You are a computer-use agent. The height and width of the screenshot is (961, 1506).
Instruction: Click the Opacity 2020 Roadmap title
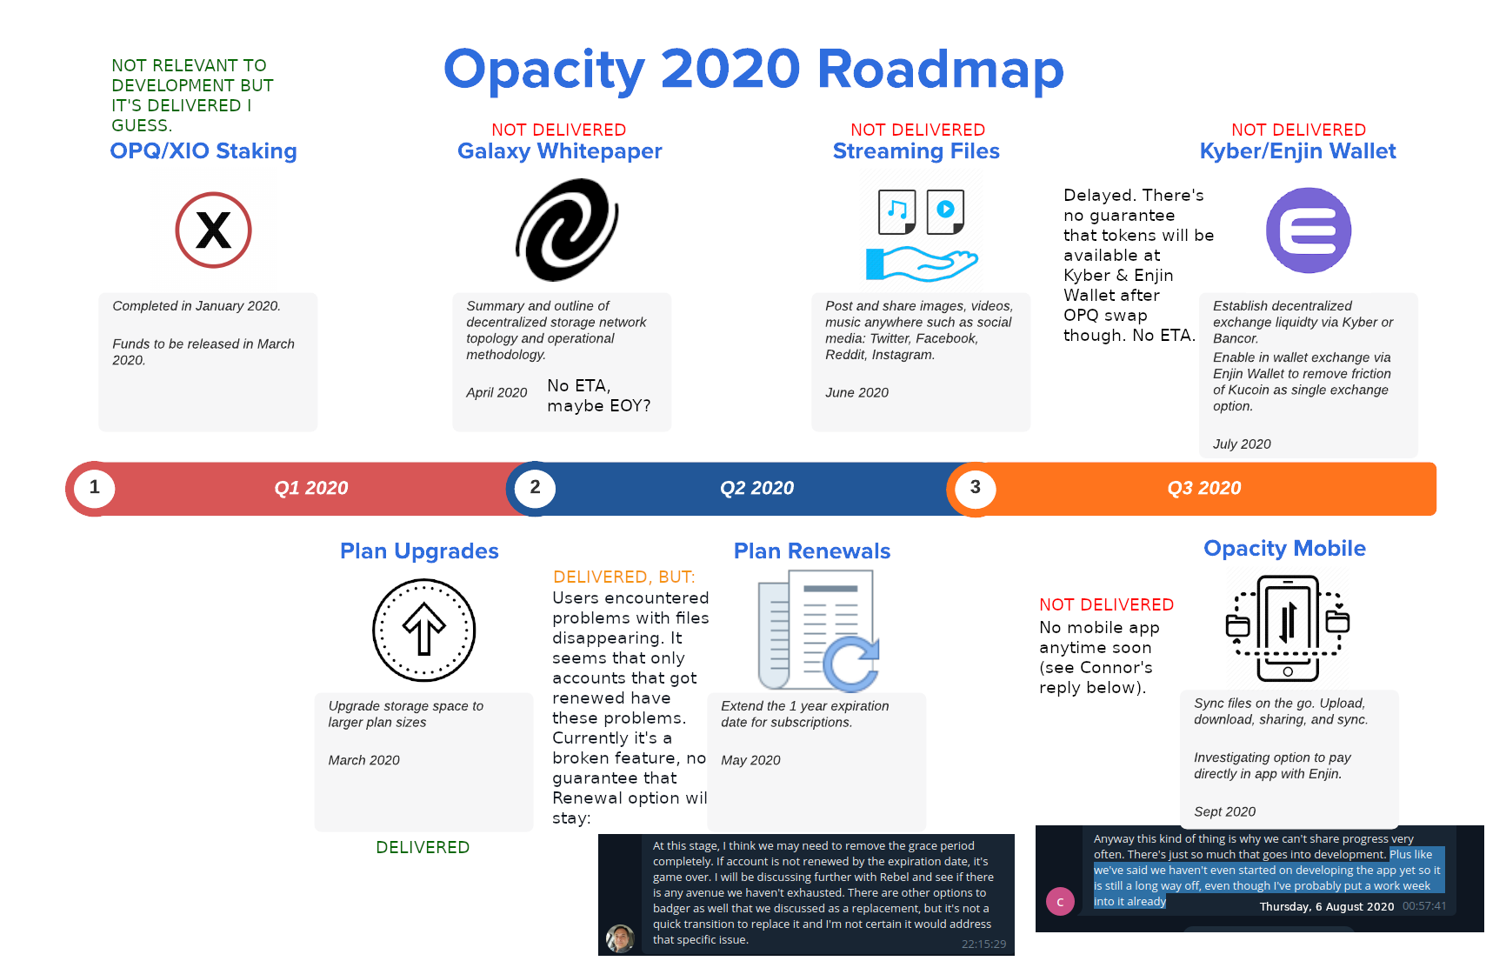754,70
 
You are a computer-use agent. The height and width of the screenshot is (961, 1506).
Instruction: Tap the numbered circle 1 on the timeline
95,488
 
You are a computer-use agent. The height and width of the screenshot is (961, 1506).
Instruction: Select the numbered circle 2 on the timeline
536,488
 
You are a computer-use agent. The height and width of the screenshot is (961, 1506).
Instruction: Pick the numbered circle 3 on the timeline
976,488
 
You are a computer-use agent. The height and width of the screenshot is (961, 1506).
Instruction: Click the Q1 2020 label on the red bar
311,488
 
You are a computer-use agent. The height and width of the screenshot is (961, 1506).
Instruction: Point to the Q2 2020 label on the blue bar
757,488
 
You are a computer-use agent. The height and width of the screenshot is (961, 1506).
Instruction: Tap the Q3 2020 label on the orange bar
1204,488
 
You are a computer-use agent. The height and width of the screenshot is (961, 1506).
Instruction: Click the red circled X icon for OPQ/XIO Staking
214,230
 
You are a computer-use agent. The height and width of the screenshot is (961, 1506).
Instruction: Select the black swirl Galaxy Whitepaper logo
567,230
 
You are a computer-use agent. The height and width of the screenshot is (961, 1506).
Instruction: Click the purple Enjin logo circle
1309,230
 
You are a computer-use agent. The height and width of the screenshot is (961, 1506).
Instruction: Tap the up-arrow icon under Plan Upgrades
424,630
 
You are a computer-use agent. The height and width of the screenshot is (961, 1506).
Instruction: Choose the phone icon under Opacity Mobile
1288,628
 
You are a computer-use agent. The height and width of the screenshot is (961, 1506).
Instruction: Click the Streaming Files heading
916,151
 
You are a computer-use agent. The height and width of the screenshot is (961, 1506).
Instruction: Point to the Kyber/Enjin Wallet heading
1298,151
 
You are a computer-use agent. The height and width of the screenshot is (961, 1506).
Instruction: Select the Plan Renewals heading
812,551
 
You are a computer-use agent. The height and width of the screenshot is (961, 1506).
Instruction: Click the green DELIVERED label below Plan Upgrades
423,847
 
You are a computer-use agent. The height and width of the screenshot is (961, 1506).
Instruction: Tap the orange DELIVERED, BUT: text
624,577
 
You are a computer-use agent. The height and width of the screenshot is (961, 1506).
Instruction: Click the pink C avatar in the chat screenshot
1060,902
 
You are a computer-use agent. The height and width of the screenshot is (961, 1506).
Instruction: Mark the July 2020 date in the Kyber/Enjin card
1242,444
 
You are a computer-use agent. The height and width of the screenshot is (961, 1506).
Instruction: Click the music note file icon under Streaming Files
897,211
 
